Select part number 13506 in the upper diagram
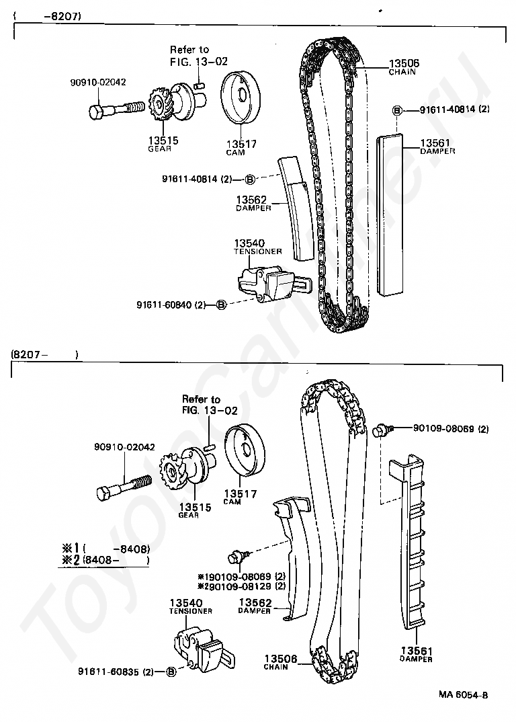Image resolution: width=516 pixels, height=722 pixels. (404, 64)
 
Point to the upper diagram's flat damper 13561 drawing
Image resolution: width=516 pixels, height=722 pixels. (390, 215)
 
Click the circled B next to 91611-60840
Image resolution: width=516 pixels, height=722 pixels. (220, 305)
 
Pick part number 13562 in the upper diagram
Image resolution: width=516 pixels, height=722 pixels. (251, 200)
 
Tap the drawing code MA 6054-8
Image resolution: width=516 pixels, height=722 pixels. (464, 695)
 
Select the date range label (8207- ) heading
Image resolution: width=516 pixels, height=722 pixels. (43, 354)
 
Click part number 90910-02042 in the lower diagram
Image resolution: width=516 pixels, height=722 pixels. (124, 447)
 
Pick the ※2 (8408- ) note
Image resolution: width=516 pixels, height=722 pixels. (103, 559)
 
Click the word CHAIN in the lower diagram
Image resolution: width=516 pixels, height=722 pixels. (275, 667)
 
